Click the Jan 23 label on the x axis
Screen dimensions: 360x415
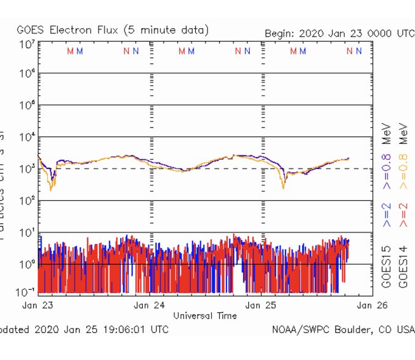(38, 304)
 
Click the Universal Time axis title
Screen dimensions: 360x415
(204, 315)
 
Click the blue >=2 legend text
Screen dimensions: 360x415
(386, 216)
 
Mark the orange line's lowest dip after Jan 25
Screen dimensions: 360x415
(283, 188)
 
